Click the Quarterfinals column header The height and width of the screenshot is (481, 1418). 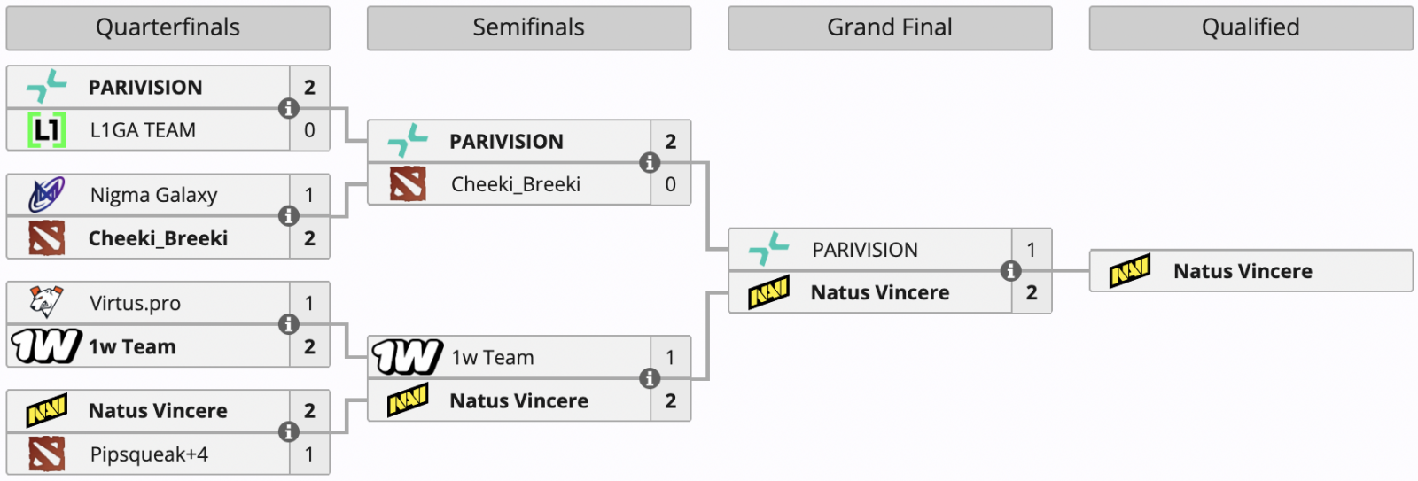click(x=168, y=28)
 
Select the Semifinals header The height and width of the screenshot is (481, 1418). click(x=528, y=28)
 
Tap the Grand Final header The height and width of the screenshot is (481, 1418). click(x=890, y=28)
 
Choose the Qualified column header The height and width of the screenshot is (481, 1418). click(x=1250, y=28)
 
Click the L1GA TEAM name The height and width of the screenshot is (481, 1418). click(x=143, y=130)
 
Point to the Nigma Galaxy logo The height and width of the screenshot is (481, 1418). click(x=46, y=195)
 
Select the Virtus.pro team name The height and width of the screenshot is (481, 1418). click(x=135, y=304)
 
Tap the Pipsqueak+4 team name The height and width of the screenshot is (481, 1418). click(x=149, y=454)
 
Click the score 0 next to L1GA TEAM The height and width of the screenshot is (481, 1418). click(x=309, y=130)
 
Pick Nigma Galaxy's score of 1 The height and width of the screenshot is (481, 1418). click(x=309, y=195)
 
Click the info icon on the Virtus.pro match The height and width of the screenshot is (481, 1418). click(x=288, y=324)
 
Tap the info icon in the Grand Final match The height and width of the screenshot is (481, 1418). click(x=1010, y=271)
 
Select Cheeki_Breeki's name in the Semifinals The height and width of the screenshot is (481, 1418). click(x=515, y=184)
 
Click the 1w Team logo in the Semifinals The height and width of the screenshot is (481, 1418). click(x=407, y=357)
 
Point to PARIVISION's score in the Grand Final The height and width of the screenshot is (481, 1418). click(x=1031, y=250)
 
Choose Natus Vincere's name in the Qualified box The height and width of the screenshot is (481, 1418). click(x=1243, y=271)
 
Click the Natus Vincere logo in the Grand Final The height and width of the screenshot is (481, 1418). click(x=768, y=292)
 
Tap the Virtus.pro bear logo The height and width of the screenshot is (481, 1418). click(x=46, y=303)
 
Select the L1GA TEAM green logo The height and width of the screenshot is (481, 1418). click(x=46, y=130)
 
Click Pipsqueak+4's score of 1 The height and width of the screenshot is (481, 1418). click(x=309, y=454)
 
